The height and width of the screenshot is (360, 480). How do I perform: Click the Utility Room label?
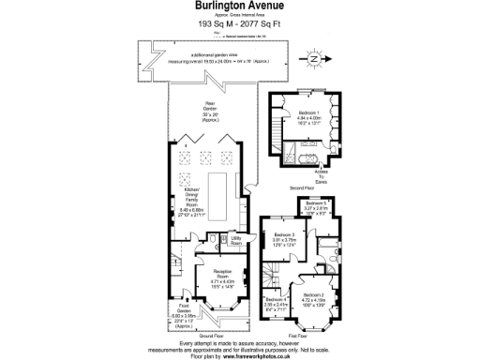click(x=237, y=241)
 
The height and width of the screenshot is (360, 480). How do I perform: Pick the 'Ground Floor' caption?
click(x=212, y=334)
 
